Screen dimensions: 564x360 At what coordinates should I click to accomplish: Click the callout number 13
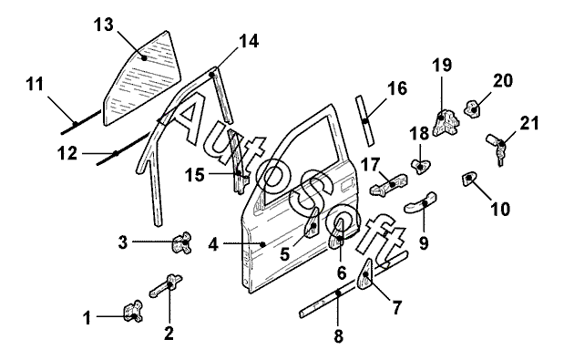click(104, 26)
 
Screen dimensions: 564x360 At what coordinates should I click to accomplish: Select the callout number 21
click(529, 123)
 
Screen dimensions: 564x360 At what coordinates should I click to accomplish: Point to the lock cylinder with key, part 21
click(497, 148)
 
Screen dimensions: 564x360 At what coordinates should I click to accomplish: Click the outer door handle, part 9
click(421, 202)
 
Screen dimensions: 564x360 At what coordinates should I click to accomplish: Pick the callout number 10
click(500, 209)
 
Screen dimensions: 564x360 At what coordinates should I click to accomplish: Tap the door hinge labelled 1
click(133, 311)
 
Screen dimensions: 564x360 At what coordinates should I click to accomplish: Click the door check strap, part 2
click(166, 285)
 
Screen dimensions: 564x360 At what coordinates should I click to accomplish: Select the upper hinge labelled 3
click(183, 242)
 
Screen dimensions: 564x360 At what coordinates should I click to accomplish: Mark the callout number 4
click(213, 245)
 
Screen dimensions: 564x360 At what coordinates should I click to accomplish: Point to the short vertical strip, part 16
click(364, 121)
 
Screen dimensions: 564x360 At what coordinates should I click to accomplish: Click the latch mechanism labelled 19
click(446, 123)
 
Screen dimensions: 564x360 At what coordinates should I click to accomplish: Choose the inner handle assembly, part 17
click(389, 184)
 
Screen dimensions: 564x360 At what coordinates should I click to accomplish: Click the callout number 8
click(338, 336)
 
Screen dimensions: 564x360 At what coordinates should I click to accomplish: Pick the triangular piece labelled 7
click(365, 274)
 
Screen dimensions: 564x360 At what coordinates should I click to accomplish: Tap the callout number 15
click(195, 176)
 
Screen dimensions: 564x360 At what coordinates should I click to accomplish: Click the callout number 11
click(35, 85)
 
